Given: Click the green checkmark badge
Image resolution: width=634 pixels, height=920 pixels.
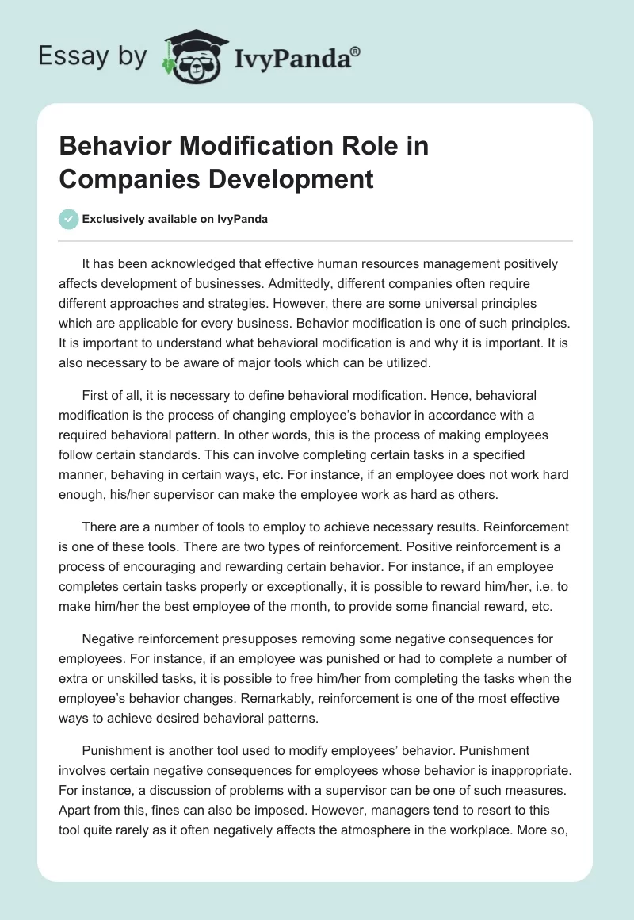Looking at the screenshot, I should point(69,219).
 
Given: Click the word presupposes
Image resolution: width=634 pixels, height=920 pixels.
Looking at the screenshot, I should point(243,638).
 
